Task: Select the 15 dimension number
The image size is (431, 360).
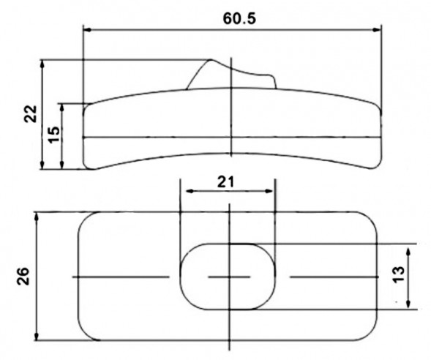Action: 53,135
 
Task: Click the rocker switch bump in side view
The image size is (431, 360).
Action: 230,75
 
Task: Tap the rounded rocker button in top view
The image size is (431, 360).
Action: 228,277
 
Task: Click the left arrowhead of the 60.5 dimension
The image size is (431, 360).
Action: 88,29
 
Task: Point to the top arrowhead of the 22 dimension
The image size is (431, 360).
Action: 43,64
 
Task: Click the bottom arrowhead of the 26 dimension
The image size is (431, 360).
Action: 37,337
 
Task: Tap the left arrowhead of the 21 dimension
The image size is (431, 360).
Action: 185,192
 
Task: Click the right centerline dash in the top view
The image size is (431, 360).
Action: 333,277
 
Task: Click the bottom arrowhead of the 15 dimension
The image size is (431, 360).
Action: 64,165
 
